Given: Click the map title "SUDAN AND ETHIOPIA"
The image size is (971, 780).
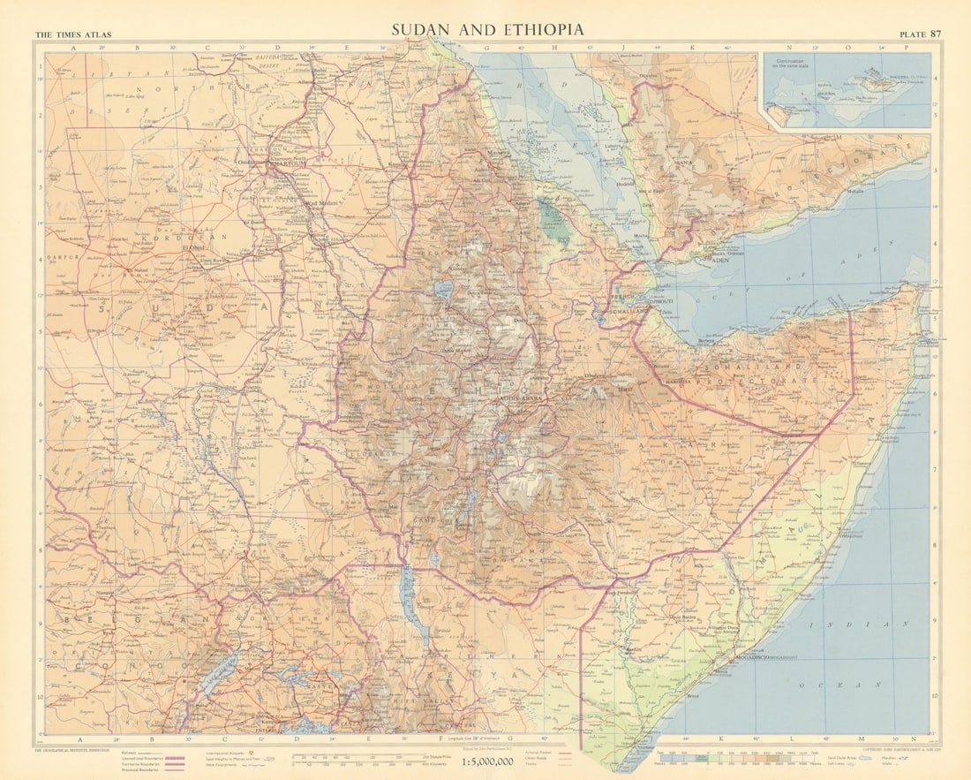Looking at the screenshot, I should [x=488, y=29].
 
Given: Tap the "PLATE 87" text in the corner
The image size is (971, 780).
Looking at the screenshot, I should [x=920, y=34].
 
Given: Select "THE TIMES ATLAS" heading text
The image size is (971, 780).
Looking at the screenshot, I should [x=67, y=35].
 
